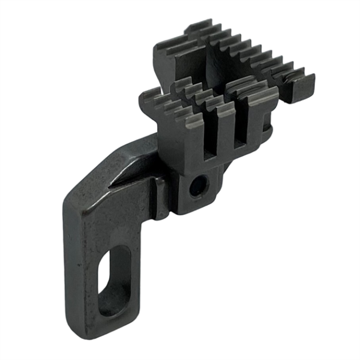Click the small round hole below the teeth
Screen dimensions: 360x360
196,187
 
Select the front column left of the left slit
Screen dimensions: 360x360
192,141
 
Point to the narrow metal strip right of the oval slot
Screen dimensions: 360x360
136,276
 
